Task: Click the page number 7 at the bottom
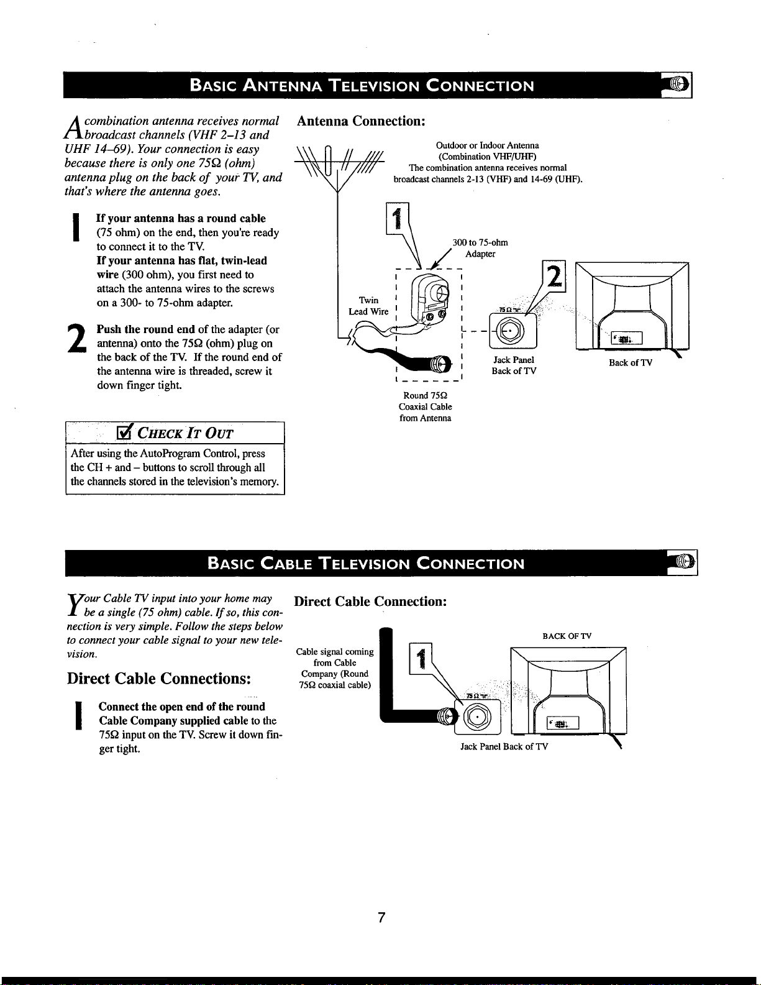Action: tap(381, 918)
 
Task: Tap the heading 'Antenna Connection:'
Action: tap(360, 121)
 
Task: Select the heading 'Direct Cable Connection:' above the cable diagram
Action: tap(370, 602)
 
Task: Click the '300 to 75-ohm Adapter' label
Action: tap(480, 248)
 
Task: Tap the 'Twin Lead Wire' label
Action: tap(368, 306)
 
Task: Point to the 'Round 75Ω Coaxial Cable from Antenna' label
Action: tap(426, 406)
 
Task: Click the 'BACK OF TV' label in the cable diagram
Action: tap(567, 636)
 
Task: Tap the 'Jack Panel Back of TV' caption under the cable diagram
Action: tap(504, 746)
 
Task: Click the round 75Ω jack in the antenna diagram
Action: tap(513, 331)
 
